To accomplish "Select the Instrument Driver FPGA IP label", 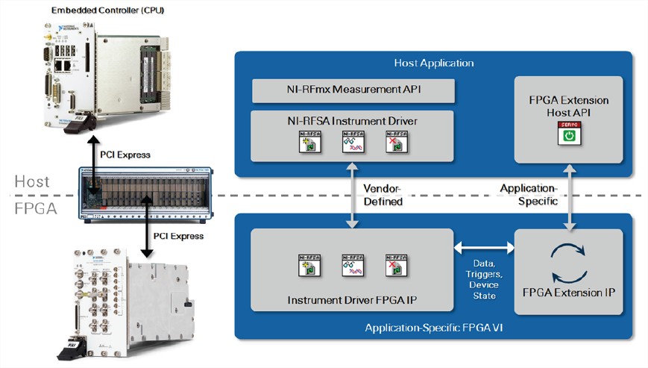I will [350, 300].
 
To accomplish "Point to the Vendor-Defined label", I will [382, 196].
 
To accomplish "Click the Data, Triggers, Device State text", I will [483, 274].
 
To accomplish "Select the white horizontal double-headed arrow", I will [483, 247].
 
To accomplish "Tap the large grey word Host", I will [32, 182].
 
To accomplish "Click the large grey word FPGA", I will [34, 209].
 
